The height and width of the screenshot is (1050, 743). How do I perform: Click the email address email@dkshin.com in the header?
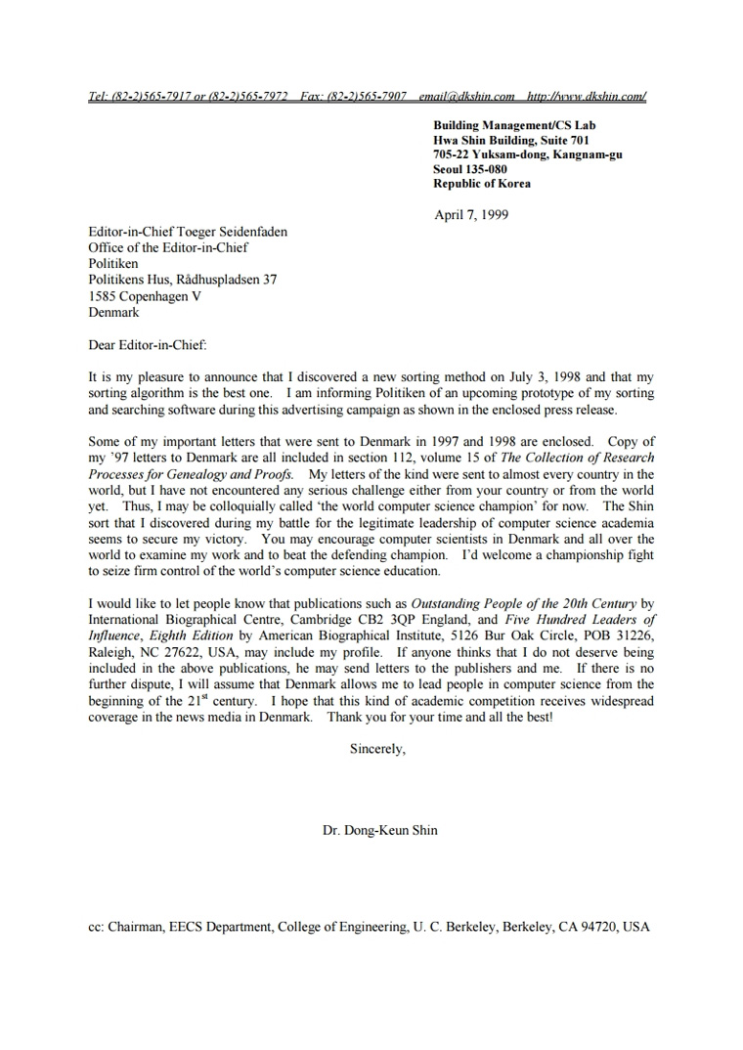(x=466, y=96)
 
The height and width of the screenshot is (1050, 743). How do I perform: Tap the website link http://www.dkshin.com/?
(x=586, y=96)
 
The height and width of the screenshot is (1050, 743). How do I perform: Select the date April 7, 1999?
(x=470, y=215)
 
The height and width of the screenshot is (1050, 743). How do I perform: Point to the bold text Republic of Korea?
(x=482, y=183)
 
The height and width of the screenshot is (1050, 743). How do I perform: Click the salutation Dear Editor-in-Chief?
(x=148, y=344)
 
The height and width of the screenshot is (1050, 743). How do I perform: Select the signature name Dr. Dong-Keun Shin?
(x=379, y=830)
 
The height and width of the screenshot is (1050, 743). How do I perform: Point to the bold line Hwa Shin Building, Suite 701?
(x=511, y=140)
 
